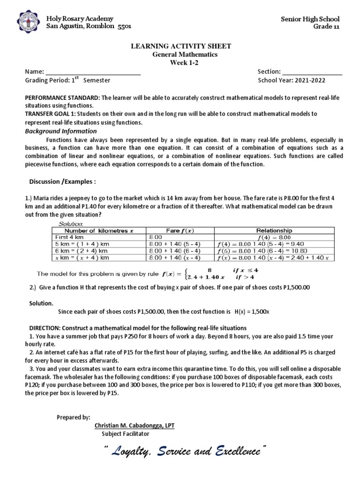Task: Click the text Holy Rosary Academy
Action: coord(80,19)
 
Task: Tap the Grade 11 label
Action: coord(326,26)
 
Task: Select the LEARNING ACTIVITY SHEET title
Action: coord(180,46)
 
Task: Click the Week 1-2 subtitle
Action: coord(180,63)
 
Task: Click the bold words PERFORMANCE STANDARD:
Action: coord(62,97)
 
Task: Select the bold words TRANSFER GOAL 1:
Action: coord(51,114)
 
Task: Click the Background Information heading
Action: coord(61,131)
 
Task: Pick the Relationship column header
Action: coord(274,231)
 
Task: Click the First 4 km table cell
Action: coord(68,237)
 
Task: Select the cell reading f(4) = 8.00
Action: coord(274,237)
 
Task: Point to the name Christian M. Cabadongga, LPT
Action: coord(135,426)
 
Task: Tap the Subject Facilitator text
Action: coord(126,434)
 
